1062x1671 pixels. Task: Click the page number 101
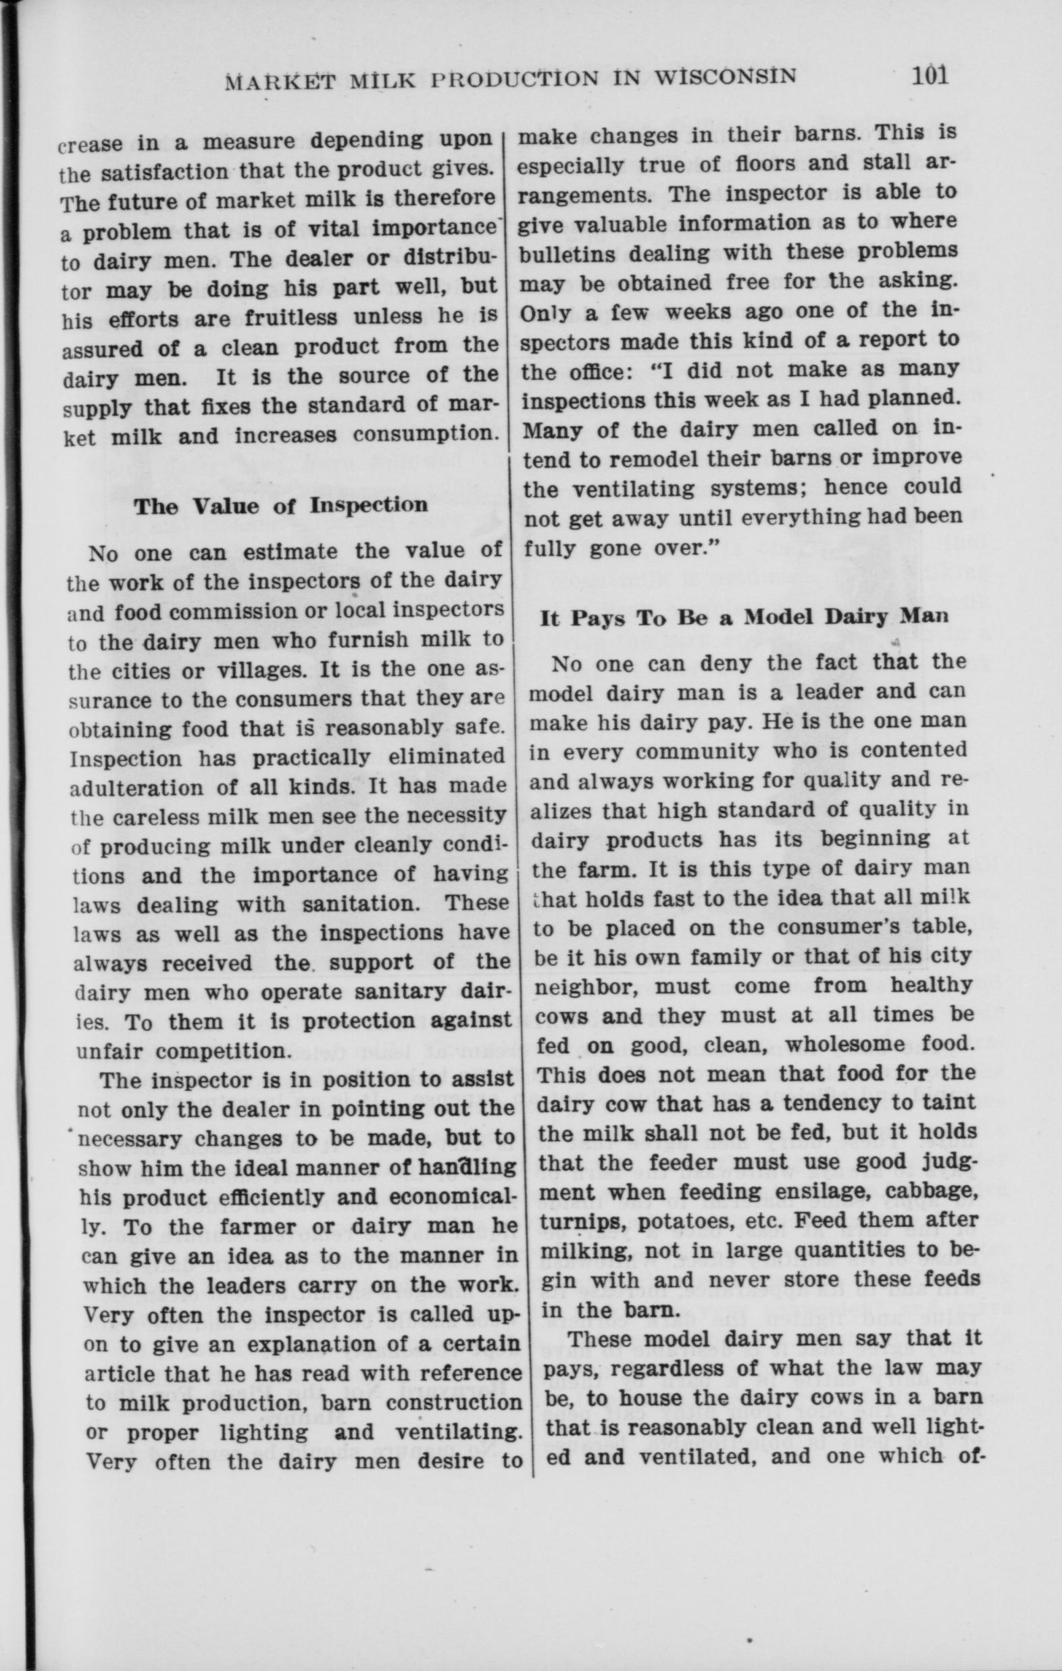tap(930, 74)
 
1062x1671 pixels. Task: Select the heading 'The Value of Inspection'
tap(281, 505)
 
